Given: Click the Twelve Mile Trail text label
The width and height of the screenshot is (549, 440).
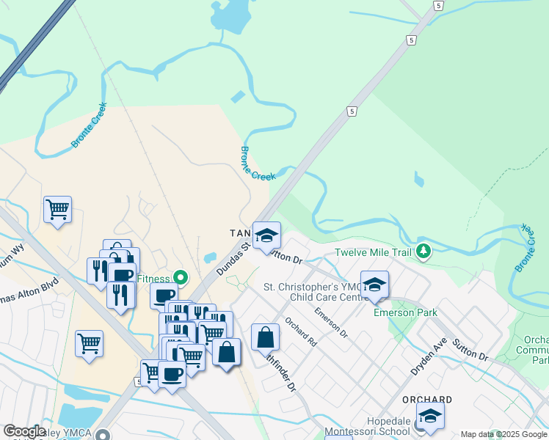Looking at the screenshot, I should (374, 253).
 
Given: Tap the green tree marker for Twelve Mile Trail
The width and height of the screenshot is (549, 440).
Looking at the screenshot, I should (423, 252).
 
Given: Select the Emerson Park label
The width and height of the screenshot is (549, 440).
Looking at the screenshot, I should (405, 312).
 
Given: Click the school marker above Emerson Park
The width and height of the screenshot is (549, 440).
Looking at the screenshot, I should (374, 285).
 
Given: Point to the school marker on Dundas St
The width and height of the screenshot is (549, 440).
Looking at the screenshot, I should (266, 235).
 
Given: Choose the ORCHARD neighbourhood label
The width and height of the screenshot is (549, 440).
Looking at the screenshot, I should (426, 400).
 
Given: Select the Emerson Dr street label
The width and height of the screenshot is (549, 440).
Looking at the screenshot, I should (331, 323).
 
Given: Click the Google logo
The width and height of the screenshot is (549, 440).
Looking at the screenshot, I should (23, 431).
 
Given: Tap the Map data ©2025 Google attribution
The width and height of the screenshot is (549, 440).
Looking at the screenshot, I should (503, 435).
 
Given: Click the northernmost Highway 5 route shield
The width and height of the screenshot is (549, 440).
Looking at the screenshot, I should (438, 5).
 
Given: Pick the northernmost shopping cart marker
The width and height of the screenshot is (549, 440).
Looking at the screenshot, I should (57, 209).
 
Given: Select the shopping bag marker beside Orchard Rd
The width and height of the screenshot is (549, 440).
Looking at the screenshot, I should (265, 337).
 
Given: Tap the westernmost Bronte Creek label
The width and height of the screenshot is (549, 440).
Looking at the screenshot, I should (85, 131).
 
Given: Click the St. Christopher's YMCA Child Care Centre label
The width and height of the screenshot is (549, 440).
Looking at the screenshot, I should (312, 292).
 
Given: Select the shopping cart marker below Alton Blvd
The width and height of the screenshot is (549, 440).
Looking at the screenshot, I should (89, 343).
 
